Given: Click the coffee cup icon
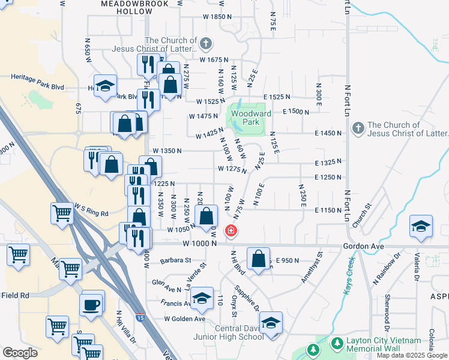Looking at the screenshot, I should click(x=92, y=304).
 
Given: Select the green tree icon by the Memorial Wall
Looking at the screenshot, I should click(x=312, y=349).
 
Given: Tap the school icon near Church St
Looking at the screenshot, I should click(x=421, y=227).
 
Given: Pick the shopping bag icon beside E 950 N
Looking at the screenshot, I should click(x=258, y=259).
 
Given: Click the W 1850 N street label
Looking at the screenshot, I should click(x=208, y=17).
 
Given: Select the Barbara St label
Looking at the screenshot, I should click(x=175, y=260).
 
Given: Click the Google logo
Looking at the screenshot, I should click(x=20, y=353).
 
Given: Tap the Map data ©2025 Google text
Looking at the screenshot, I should click(x=411, y=355).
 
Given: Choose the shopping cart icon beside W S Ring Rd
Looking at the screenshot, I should click(x=62, y=214).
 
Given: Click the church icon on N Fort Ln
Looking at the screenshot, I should click(x=358, y=128).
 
